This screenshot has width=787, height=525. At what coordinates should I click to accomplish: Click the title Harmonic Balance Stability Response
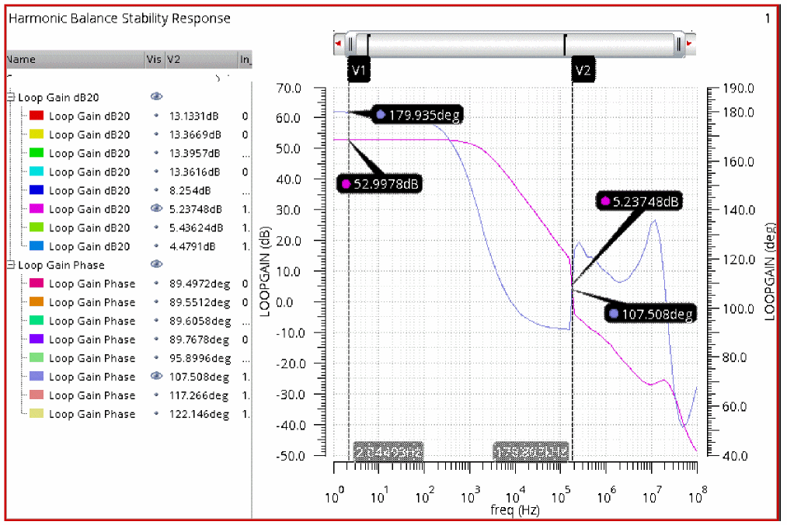tap(119, 18)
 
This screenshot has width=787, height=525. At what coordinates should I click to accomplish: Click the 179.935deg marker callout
tap(418, 115)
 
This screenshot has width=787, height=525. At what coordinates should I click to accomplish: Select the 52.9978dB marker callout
tap(380, 184)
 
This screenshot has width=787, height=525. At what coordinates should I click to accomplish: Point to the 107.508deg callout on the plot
tap(650, 314)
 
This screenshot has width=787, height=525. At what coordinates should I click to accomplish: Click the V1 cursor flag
tap(359, 71)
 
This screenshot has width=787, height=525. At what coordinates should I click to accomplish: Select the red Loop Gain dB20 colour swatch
tap(36, 116)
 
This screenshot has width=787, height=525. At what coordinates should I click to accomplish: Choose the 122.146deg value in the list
tap(199, 415)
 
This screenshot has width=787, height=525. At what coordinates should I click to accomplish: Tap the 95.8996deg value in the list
tap(200, 359)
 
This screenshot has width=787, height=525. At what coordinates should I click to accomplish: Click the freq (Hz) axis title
tap(515, 510)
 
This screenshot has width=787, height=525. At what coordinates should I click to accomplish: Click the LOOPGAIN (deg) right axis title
tap(771, 272)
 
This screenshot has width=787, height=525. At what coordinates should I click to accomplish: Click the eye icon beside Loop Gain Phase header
tap(156, 265)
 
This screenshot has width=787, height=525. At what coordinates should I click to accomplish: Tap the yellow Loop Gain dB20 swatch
tap(36, 135)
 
